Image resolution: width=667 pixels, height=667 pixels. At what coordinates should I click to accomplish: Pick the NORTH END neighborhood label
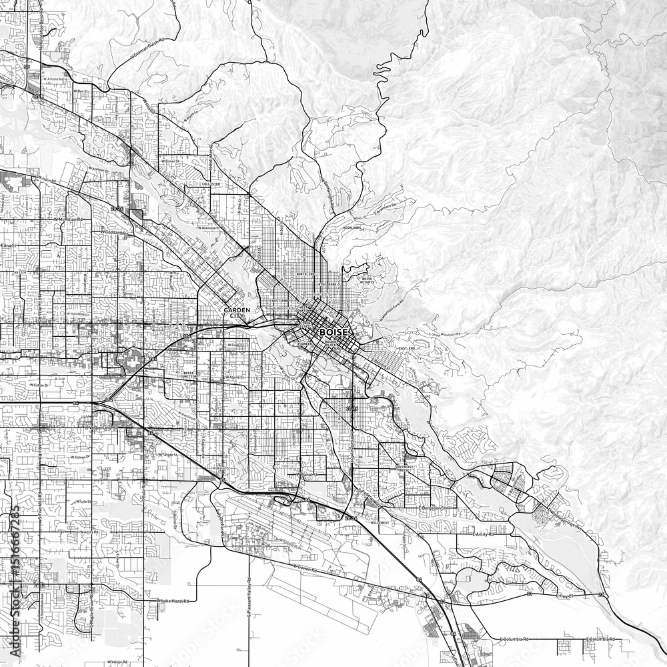coord(305,273)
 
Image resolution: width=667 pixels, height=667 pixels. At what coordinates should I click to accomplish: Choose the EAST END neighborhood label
coord(406,349)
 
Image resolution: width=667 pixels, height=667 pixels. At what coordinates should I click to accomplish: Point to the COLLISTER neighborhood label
coord(209,184)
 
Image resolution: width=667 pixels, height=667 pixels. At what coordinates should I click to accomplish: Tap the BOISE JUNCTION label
coord(188,374)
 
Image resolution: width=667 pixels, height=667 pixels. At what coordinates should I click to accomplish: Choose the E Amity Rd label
coord(484,534)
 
